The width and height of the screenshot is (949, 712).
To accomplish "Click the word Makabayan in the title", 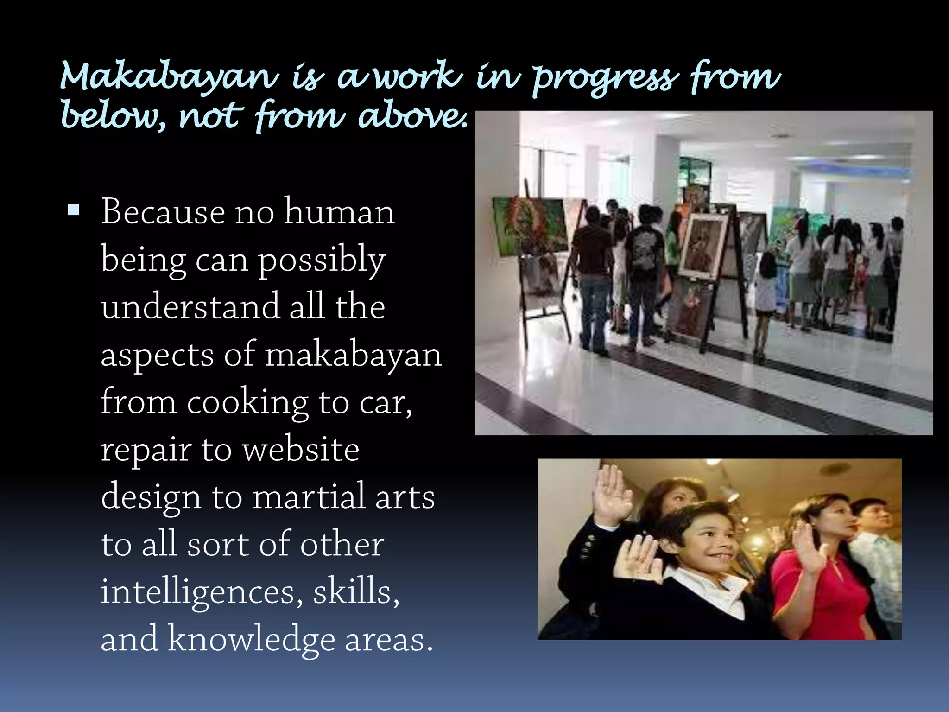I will tap(169, 77).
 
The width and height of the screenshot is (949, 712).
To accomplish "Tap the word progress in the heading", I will tap(605, 79).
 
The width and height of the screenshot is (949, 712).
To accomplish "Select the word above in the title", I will tap(412, 116).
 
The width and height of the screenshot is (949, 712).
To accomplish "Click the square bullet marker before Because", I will tap(73, 211).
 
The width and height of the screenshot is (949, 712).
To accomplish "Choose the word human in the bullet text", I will tap(339, 212).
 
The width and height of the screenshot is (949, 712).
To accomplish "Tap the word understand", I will tap(190, 306).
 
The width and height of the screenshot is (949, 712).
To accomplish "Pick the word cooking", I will tap(247, 402).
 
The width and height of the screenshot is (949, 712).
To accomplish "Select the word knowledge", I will tap(251, 640).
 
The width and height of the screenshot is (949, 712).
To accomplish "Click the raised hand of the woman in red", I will tap(809, 549).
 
